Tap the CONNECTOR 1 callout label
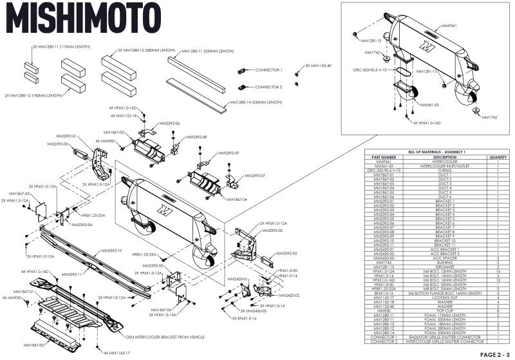(x=268, y=69)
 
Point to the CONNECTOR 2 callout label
(x=268, y=86)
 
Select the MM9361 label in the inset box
(x=449, y=26)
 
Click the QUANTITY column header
(x=498, y=156)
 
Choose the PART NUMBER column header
(x=380, y=156)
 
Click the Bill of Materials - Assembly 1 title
(x=438, y=151)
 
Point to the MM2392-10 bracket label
(x=111, y=251)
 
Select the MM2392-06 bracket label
(x=169, y=123)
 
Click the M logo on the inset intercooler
(x=424, y=48)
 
